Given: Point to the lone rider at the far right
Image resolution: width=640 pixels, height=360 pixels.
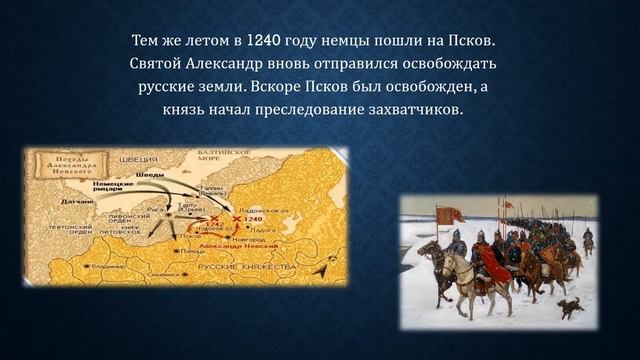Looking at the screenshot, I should point(587,240).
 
